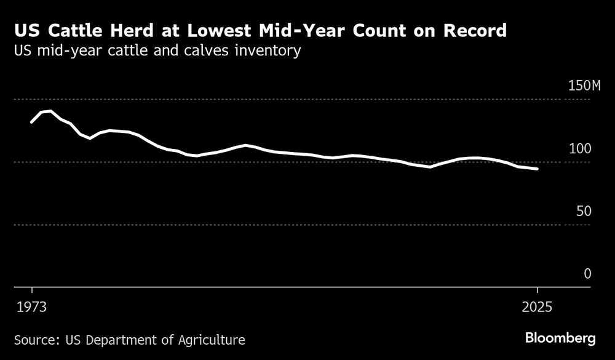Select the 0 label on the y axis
click(587, 274)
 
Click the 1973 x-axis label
click(31, 307)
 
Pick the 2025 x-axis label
click(538, 307)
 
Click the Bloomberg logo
click(560, 338)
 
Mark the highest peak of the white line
click(50, 111)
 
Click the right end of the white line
click(538, 169)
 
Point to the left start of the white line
click(31, 122)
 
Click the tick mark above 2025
click(538, 290)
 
